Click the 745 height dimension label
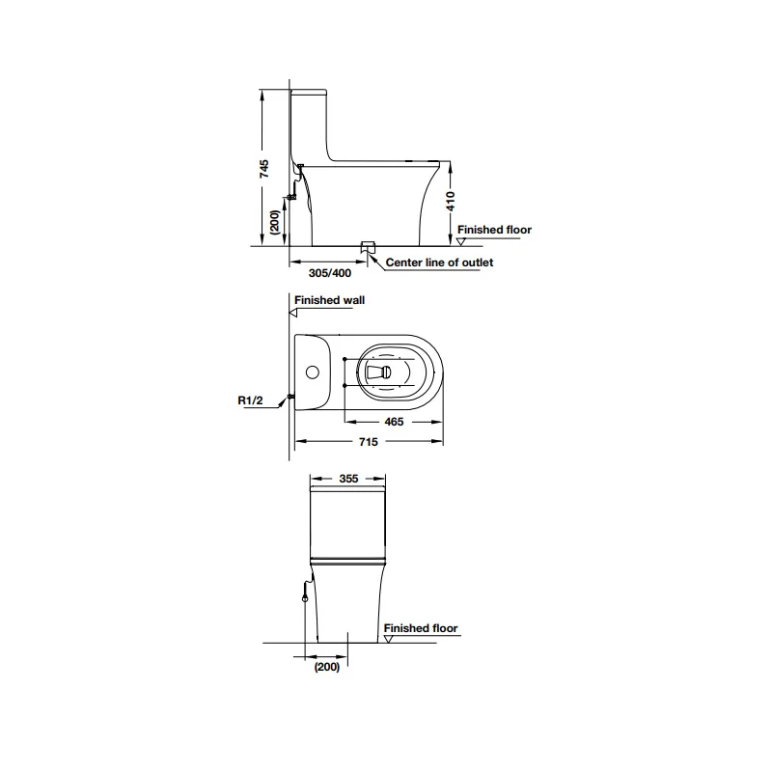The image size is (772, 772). point(264,168)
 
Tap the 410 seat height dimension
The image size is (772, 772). point(451,202)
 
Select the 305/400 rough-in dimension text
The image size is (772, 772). point(330,273)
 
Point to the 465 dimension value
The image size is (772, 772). point(394,422)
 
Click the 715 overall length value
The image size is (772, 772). point(369,442)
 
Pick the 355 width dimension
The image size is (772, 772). point(348,479)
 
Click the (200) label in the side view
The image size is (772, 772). point(275,222)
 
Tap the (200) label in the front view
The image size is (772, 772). point(327,667)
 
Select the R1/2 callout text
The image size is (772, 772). point(250,400)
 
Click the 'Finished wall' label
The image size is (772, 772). point(329,300)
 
